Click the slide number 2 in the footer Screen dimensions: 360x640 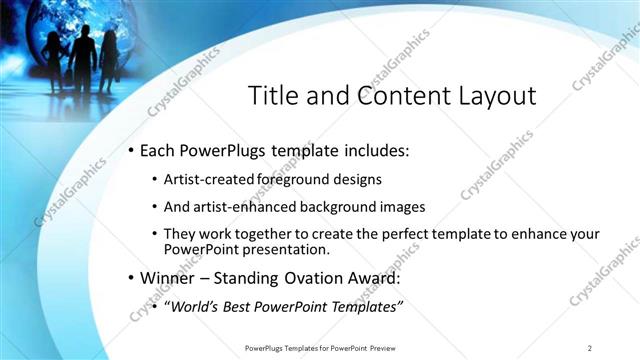[x=590, y=347]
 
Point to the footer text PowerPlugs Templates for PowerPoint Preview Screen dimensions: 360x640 [x=326, y=347]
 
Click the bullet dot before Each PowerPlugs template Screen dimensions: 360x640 [x=130, y=152]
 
